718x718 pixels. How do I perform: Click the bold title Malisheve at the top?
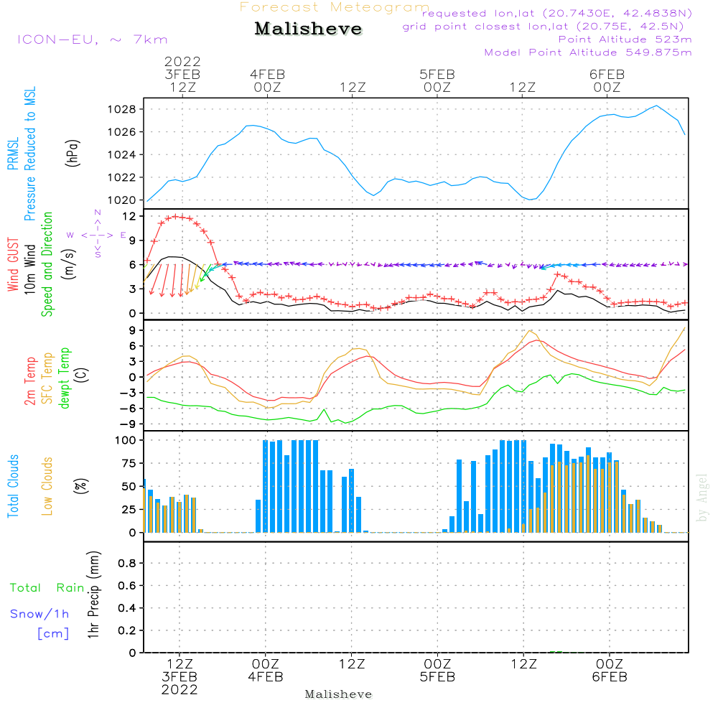click(x=308, y=29)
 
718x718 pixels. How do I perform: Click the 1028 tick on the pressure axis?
click(x=122, y=109)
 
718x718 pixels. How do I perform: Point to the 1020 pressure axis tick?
click(x=122, y=200)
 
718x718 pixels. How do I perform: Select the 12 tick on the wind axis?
click(x=129, y=216)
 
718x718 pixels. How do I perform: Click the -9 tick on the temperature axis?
click(x=127, y=424)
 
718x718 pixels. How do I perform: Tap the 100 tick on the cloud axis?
click(x=126, y=440)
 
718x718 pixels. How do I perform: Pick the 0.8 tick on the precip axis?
click(x=127, y=563)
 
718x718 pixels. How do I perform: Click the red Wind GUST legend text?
click(x=13, y=264)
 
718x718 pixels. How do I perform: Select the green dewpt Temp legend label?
click(x=64, y=378)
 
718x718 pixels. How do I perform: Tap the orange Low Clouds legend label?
click(x=47, y=486)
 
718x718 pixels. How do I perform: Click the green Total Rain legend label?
click(x=47, y=588)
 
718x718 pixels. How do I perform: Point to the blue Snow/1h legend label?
click(x=39, y=614)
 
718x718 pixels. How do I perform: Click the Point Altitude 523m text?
click(x=625, y=39)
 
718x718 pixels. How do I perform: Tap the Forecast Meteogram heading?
click(x=335, y=7)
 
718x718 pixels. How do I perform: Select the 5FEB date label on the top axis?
click(x=437, y=75)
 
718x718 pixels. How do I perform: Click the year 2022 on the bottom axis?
click(x=179, y=690)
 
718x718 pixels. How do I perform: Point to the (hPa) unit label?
click(x=73, y=153)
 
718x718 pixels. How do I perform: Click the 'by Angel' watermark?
click(x=702, y=498)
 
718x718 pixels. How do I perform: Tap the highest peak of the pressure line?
click(x=657, y=106)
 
